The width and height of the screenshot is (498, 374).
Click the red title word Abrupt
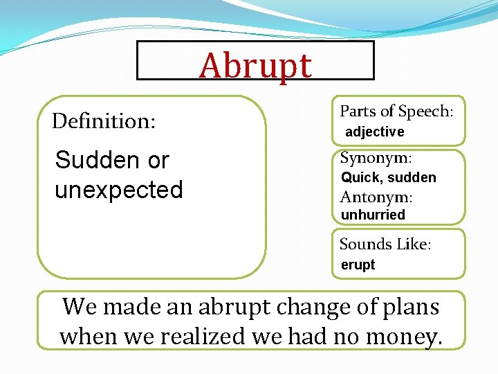click(x=255, y=66)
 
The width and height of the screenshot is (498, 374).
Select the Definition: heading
click(x=104, y=121)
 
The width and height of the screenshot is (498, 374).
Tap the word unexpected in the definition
click(x=118, y=190)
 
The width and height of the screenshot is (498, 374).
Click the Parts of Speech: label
click(x=396, y=112)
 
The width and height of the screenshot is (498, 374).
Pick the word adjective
click(x=374, y=132)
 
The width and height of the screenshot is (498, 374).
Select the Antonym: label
click(x=376, y=197)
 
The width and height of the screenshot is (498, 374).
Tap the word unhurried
click(x=373, y=215)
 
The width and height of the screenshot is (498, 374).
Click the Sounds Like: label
click(x=385, y=244)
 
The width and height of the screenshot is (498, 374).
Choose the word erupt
click(x=358, y=265)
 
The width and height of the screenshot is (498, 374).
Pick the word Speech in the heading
click(x=424, y=112)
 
